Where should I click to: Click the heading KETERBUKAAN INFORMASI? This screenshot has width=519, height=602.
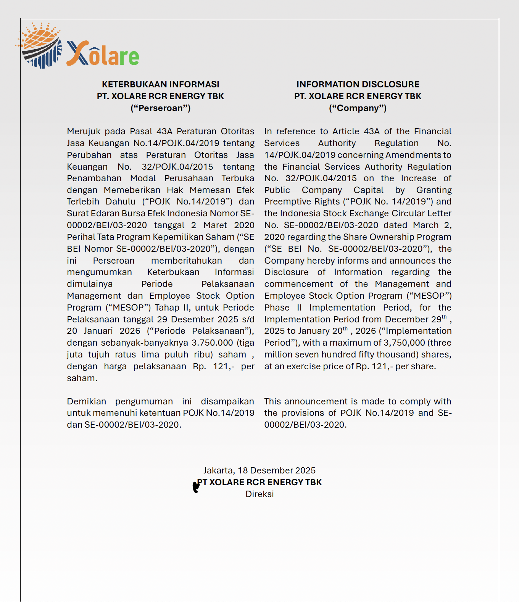point(160,84)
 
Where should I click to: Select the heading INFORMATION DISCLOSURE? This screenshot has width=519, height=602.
point(358,84)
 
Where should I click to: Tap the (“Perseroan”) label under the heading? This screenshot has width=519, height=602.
point(160,108)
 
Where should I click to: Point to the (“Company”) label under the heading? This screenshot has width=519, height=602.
point(358,108)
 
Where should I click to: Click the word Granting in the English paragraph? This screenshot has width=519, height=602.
point(434,190)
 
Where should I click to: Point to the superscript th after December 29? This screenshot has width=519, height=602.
point(444,317)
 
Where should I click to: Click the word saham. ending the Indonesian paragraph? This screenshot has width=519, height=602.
point(82,378)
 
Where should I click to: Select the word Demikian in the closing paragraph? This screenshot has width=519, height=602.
point(87,401)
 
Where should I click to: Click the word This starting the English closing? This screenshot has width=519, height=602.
point(272,401)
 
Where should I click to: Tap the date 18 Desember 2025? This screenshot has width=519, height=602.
point(277,470)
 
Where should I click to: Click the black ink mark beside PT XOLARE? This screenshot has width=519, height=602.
point(196,486)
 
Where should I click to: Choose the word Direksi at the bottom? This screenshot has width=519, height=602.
point(259,494)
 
